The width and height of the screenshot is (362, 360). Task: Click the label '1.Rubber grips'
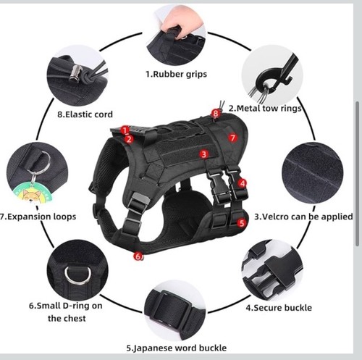coord(175,73)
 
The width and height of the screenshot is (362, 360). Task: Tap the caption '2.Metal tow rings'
coord(265,109)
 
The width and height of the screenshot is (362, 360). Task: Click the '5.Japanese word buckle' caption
coord(176,348)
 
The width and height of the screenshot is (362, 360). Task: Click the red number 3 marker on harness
coord(204,154)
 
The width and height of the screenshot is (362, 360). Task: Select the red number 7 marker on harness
coord(232,137)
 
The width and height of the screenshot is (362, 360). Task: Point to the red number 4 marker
coord(243,184)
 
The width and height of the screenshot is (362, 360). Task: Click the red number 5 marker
coord(243,223)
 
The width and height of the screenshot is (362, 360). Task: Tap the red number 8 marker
coord(215,113)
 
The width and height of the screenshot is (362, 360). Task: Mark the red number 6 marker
coord(137,256)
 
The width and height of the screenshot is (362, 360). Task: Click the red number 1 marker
coord(125,130)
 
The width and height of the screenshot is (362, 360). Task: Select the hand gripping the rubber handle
coord(172,24)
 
